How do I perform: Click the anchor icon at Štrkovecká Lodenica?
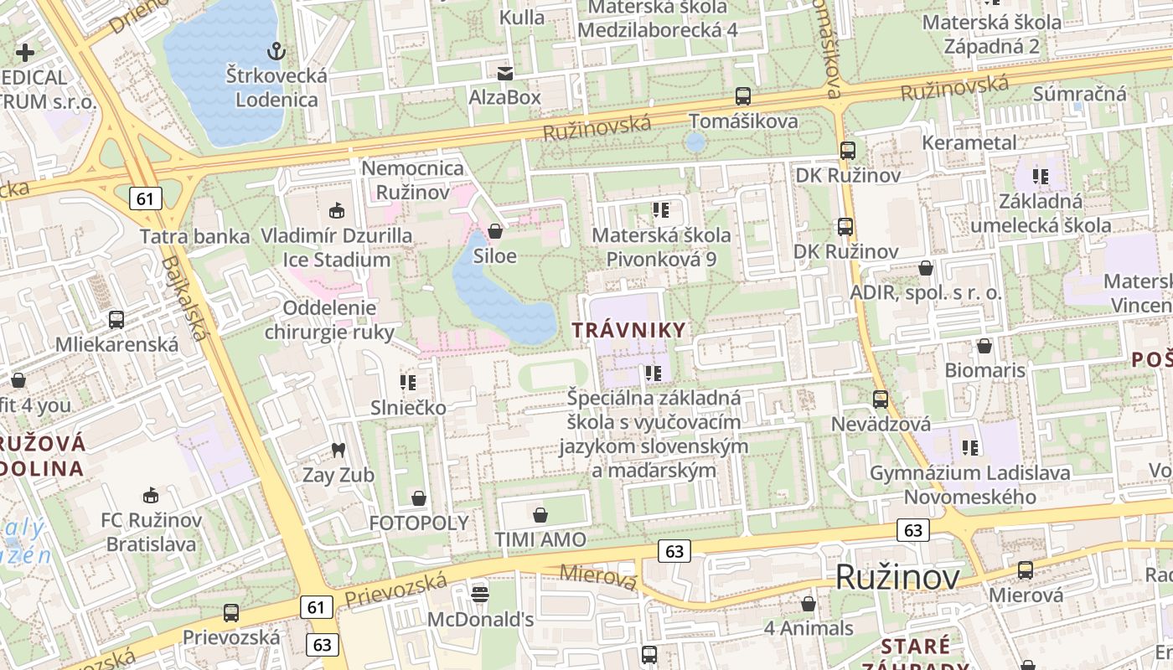point(275,52)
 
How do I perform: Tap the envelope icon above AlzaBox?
point(504,74)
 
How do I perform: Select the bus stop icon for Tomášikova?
point(742,96)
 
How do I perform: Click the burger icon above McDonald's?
point(480,595)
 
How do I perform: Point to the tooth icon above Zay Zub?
point(338,451)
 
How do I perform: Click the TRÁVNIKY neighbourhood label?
point(628,330)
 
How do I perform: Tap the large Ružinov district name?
point(897,578)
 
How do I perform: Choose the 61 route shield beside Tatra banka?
point(146,198)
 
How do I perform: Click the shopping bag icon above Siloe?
point(495,231)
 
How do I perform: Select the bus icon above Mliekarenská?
point(116,319)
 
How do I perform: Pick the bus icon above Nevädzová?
point(880,399)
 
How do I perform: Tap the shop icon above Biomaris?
point(984,345)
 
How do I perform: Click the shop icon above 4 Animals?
point(809,603)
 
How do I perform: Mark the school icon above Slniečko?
point(408,384)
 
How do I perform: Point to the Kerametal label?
point(969,142)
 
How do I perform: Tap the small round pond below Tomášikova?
point(695,142)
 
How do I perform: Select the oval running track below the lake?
point(553,374)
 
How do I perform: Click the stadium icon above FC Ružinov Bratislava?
point(151,496)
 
